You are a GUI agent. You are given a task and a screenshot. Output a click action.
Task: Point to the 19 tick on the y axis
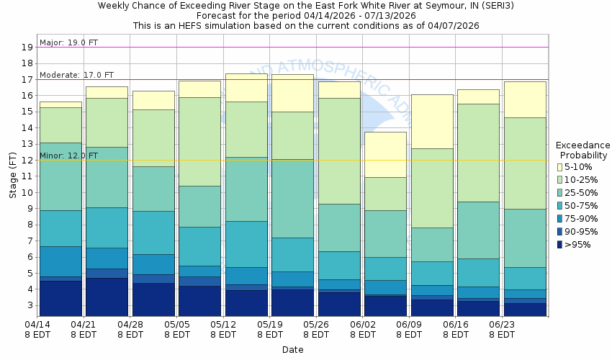coord(27,48)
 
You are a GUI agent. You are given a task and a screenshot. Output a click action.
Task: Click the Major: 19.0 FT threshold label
coord(69,42)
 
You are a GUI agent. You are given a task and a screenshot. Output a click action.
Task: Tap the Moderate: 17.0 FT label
coord(77,75)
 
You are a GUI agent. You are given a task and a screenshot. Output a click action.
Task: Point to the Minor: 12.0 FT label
coord(69,156)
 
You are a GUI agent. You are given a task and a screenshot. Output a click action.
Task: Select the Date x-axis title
coord(292,350)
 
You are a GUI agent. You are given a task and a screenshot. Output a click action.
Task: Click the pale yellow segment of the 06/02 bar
coord(385,154)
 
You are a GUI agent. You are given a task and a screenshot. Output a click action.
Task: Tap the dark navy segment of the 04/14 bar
coord(60,297)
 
